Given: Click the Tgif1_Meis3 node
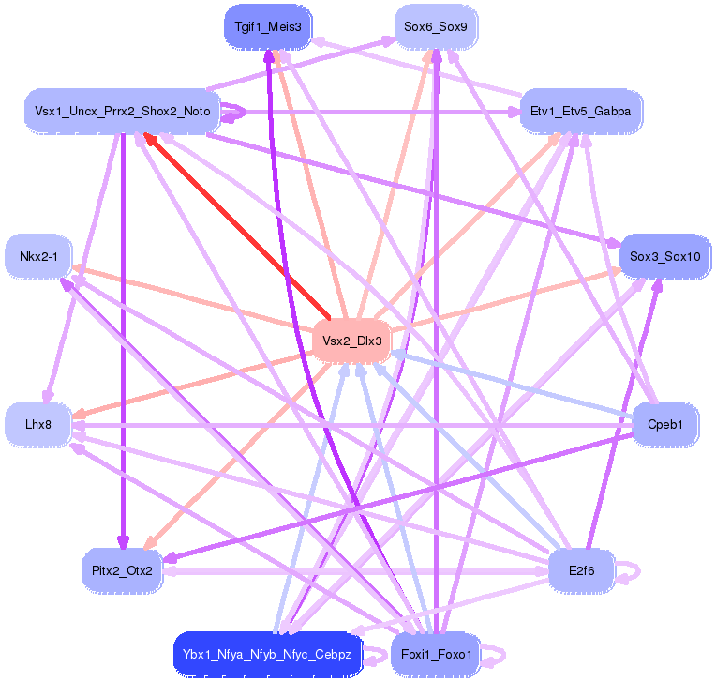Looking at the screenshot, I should pyautogui.click(x=268, y=27).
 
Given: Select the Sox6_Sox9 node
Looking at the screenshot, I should pyautogui.click(x=436, y=27).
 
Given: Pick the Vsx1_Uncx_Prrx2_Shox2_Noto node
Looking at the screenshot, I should pyautogui.click(x=123, y=112).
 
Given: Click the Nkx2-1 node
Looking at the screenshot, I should pyautogui.click(x=38, y=257).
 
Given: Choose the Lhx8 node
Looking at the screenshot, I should pyautogui.click(x=38, y=425).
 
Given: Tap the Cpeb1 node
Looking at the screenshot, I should pyautogui.click(x=664, y=425).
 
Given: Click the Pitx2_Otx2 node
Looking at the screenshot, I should pyautogui.click(x=123, y=569).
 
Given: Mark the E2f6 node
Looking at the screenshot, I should pyautogui.click(x=580, y=569).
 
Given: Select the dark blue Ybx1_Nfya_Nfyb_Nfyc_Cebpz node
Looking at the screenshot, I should pyautogui.click(x=267, y=654).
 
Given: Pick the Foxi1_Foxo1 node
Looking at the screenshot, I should pyautogui.click(x=436, y=654).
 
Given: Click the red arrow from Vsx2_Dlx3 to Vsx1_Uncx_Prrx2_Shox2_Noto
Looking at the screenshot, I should pyautogui.click(x=234, y=225).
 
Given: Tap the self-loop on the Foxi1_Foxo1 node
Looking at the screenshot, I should pyautogui.click(x=497, y=654).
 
